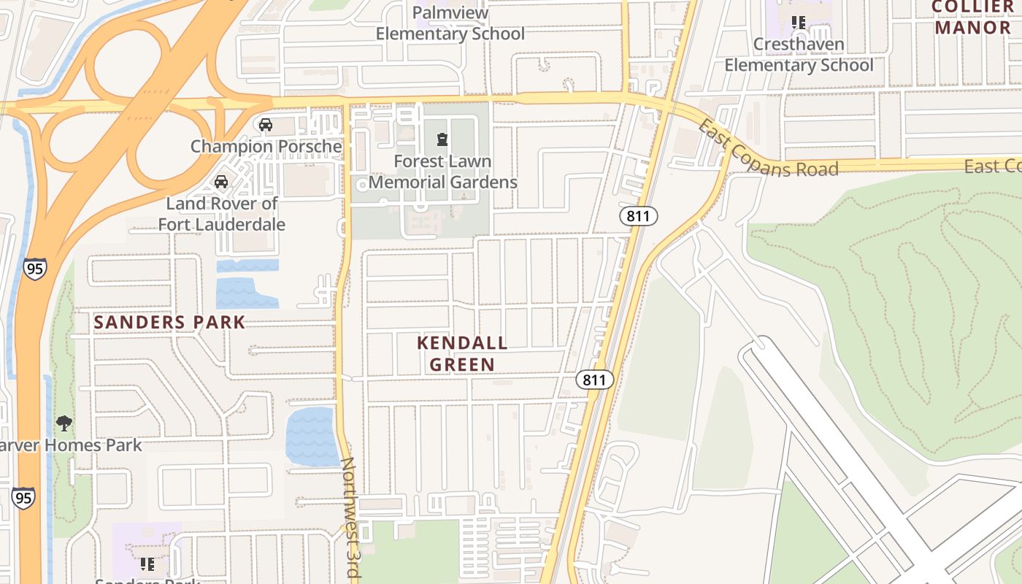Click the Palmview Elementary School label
click(x=450, y=23)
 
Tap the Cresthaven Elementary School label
click(x=799, y=55)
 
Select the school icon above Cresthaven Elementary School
click(x=799, y=23)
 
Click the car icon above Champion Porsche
click(x=266, y=125)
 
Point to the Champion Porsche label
click(x=266, y=146)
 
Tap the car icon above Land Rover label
click(x=220, y=182)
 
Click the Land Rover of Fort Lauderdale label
click(x=222, y=214)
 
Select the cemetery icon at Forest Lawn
click(x=442, y=139)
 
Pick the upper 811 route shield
click(x=639, y=215)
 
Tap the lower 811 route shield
click(x=594, y=380)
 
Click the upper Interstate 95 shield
click(x=34, y=268)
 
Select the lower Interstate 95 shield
click(x=23, y=498)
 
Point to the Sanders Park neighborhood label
click(x=169, y=322)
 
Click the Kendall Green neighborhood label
click(x=462, y=353)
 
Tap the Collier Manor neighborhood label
click(x=972, y=18)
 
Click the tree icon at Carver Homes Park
click(x=64, y=423)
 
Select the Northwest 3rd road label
click(x=352, y=518)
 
